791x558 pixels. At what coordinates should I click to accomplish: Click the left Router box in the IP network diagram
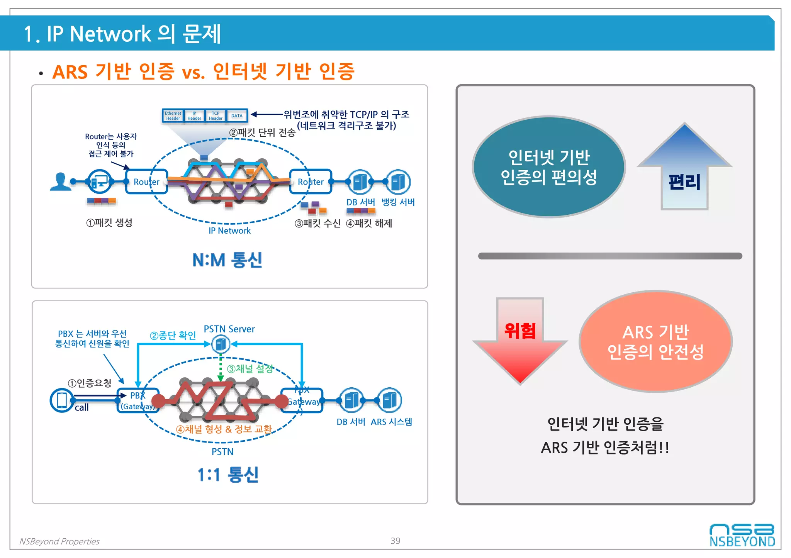[146, 181]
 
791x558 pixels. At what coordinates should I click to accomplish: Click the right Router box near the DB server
[311, 181]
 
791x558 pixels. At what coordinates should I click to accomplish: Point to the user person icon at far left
[61, 181]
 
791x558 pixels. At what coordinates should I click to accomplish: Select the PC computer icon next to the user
[100, 181]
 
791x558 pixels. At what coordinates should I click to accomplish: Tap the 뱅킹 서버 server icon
[398, 182]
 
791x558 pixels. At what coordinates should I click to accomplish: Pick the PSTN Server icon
[221, 344]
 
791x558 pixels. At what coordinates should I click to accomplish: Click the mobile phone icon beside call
[62, 400]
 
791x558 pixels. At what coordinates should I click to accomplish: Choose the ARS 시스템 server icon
[390, 400]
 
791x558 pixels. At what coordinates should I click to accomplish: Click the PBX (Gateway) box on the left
[137, 401]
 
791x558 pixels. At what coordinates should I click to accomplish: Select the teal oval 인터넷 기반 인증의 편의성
[548, 167]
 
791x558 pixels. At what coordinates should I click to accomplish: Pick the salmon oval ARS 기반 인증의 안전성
[655, 341]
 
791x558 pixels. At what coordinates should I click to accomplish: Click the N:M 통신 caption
[227, 260]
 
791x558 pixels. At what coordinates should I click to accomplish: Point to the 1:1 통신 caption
[228, 475]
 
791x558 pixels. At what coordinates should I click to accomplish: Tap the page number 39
[395, 541]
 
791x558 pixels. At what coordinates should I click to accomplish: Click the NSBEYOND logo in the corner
[742, 535]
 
